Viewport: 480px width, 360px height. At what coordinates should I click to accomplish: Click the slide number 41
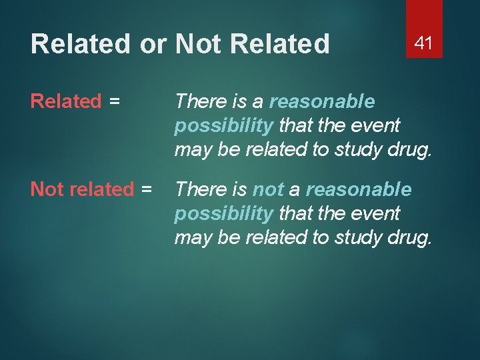(424, 43)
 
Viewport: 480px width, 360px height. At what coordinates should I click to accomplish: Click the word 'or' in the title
(153, 45)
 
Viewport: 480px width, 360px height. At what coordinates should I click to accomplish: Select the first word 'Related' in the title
(81, 45)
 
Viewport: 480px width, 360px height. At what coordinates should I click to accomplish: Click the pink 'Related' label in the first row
(66, 101)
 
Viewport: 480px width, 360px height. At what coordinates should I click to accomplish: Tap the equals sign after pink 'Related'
(114, 101)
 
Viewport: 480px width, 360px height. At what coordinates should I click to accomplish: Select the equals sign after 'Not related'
(146, 189)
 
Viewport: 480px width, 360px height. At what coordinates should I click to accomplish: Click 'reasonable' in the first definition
(322, 101)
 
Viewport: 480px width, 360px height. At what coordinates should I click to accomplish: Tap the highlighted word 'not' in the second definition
(268, 189)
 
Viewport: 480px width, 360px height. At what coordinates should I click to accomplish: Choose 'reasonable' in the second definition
(359, 189)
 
